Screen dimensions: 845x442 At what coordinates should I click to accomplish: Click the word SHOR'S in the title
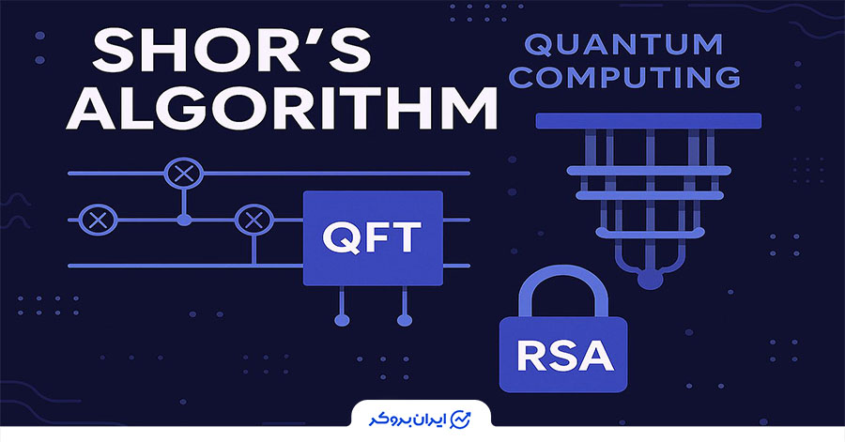click(x=232, y=53)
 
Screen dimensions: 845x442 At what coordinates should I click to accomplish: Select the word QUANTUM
click(x=623, y=45)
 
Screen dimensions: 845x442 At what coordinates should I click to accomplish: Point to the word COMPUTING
click(x=624, y=76)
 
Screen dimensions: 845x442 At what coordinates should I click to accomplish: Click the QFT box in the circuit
click(x=373, y=238)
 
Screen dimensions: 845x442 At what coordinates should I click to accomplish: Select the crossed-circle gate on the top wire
click(x=184, y=174)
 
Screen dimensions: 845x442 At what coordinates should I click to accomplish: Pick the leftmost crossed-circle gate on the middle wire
click(x=98, y=221)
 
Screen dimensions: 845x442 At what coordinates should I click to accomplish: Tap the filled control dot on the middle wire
click(x=184, y=220)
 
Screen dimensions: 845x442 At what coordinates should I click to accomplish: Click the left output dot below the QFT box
click(x=342, y=320)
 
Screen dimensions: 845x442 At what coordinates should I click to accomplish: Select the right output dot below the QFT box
click(x=405, y=320)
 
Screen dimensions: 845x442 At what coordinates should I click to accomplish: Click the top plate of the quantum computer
click(x=648, y=121)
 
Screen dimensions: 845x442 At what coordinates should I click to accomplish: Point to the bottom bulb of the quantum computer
click(x=651, y=279)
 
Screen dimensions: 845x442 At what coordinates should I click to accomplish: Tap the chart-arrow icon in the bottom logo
click(x=460, y=419)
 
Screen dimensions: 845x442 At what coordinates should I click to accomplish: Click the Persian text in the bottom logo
click(x=407, y=419)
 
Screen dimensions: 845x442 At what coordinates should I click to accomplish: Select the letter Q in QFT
click(x=339, y=237)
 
